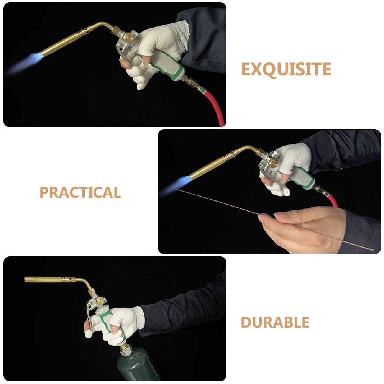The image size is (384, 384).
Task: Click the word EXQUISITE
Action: click(x=286, y=70)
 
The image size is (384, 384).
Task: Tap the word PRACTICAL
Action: click(x=80, y=192)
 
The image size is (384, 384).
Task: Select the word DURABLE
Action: click(x=275, y=323)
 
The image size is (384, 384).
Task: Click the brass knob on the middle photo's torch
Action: click(x=273, y=162)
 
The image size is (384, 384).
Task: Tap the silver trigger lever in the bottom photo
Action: click(x=89, y=310)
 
